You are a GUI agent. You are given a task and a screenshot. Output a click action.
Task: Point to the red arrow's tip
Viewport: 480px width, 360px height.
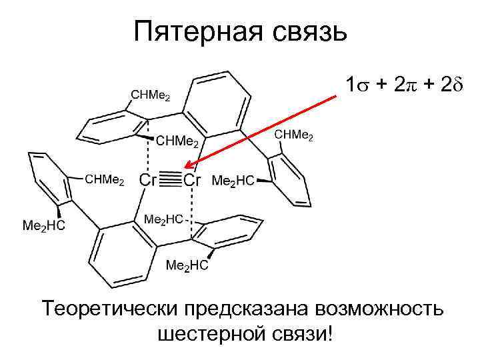pyautogui.click(x=187, y=167)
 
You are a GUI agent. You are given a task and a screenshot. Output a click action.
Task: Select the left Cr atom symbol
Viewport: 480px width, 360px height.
pyautogui.click(x=148, y=181)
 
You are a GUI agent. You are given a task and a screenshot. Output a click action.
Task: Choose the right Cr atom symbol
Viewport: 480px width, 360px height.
pyautogui.click(x=193, y=181)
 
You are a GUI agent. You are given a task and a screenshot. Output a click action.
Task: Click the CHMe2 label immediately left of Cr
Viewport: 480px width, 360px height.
pyautogui.click(x=105, y=180)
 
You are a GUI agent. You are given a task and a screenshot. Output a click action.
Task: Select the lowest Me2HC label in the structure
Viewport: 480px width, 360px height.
pyautogui.click(x=187, y=265)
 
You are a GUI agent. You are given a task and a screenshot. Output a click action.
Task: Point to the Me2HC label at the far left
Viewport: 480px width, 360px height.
pyautogui.click(x=44, y=225)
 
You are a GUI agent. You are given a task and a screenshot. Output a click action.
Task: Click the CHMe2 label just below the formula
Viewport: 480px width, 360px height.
pyautogui.click(x=294, y=135)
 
